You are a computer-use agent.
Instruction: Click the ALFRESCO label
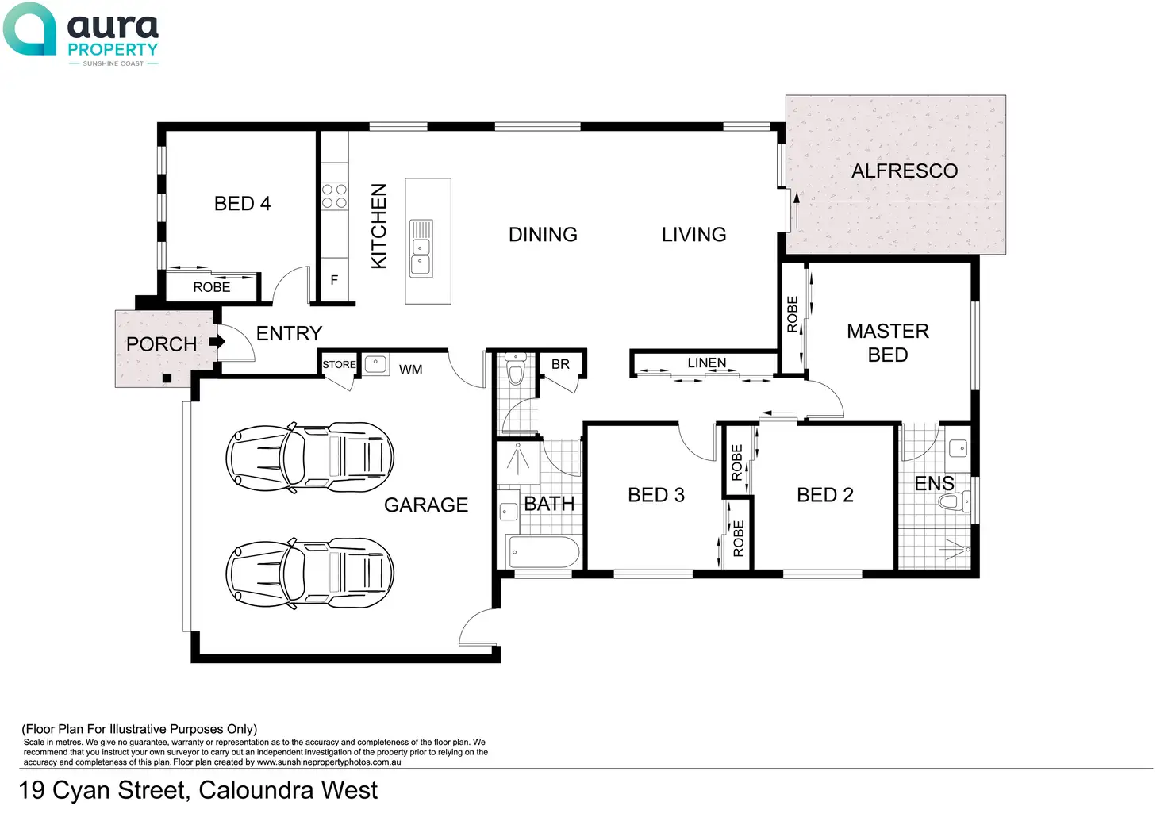(x=904, y=171)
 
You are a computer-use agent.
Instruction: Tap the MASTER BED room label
(x=887, y=343)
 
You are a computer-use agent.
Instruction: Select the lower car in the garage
(x=309, y=574)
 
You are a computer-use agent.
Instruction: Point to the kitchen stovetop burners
(x=334, y=196)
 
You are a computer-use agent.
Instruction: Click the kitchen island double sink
(x=421, y=248)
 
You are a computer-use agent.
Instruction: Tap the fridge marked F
(x=334, y=280)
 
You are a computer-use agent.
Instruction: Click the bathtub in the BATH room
(x=544, y=551)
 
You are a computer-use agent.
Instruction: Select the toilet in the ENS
(x=953, y=501)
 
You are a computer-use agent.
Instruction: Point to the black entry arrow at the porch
(x=217, y=342)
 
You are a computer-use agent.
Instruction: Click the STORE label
(x=339, y=365)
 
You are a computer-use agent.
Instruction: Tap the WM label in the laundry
(x=410, y=370)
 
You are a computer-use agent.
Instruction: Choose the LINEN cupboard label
(x=706, y=363)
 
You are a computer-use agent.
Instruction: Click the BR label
(x=560, y=364)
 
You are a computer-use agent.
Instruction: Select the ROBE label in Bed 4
(x=212, y=287)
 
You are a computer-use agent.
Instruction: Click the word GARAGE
(x=426, y=505)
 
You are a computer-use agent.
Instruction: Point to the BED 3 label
(x=655, y=495)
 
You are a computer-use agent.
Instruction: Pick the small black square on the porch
(x=167, y=378)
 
